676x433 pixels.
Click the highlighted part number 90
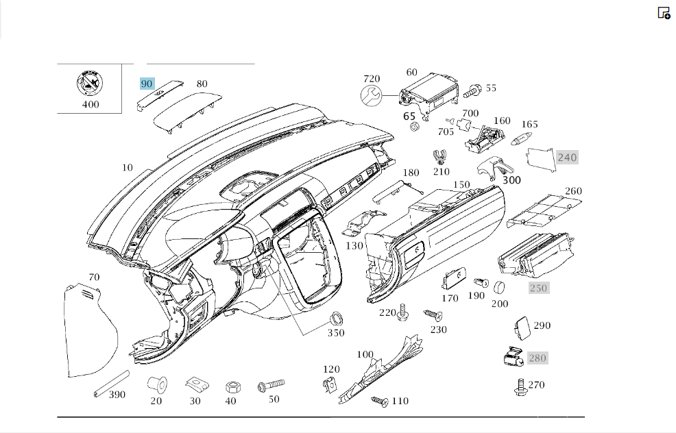click(147, 84)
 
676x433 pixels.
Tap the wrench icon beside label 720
click(371, 95)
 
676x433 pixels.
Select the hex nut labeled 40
click(233, 387)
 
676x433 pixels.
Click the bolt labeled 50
click(271, 385)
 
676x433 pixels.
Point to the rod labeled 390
click(112, 384)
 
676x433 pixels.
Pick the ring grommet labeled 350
click(336, 320)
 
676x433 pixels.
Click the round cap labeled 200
click(499, 287)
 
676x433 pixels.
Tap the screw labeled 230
click(433, 315)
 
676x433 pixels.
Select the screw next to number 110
click(379, 401)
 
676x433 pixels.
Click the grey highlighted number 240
click(567, 158)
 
